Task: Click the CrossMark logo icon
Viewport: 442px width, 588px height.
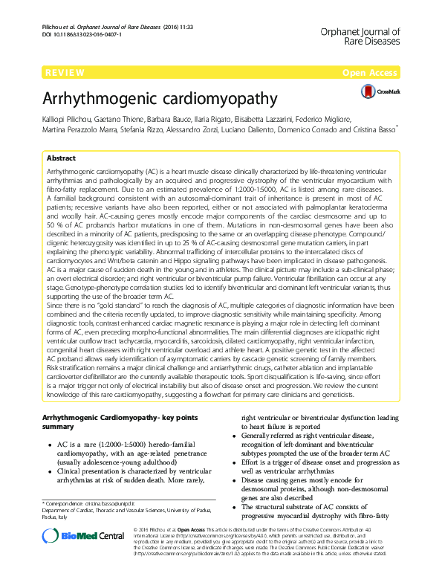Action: click(x=369, y=91)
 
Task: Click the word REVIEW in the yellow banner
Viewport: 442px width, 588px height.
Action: click(x=64, y=73)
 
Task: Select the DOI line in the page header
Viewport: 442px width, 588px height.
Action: click(x=82, y=35)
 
